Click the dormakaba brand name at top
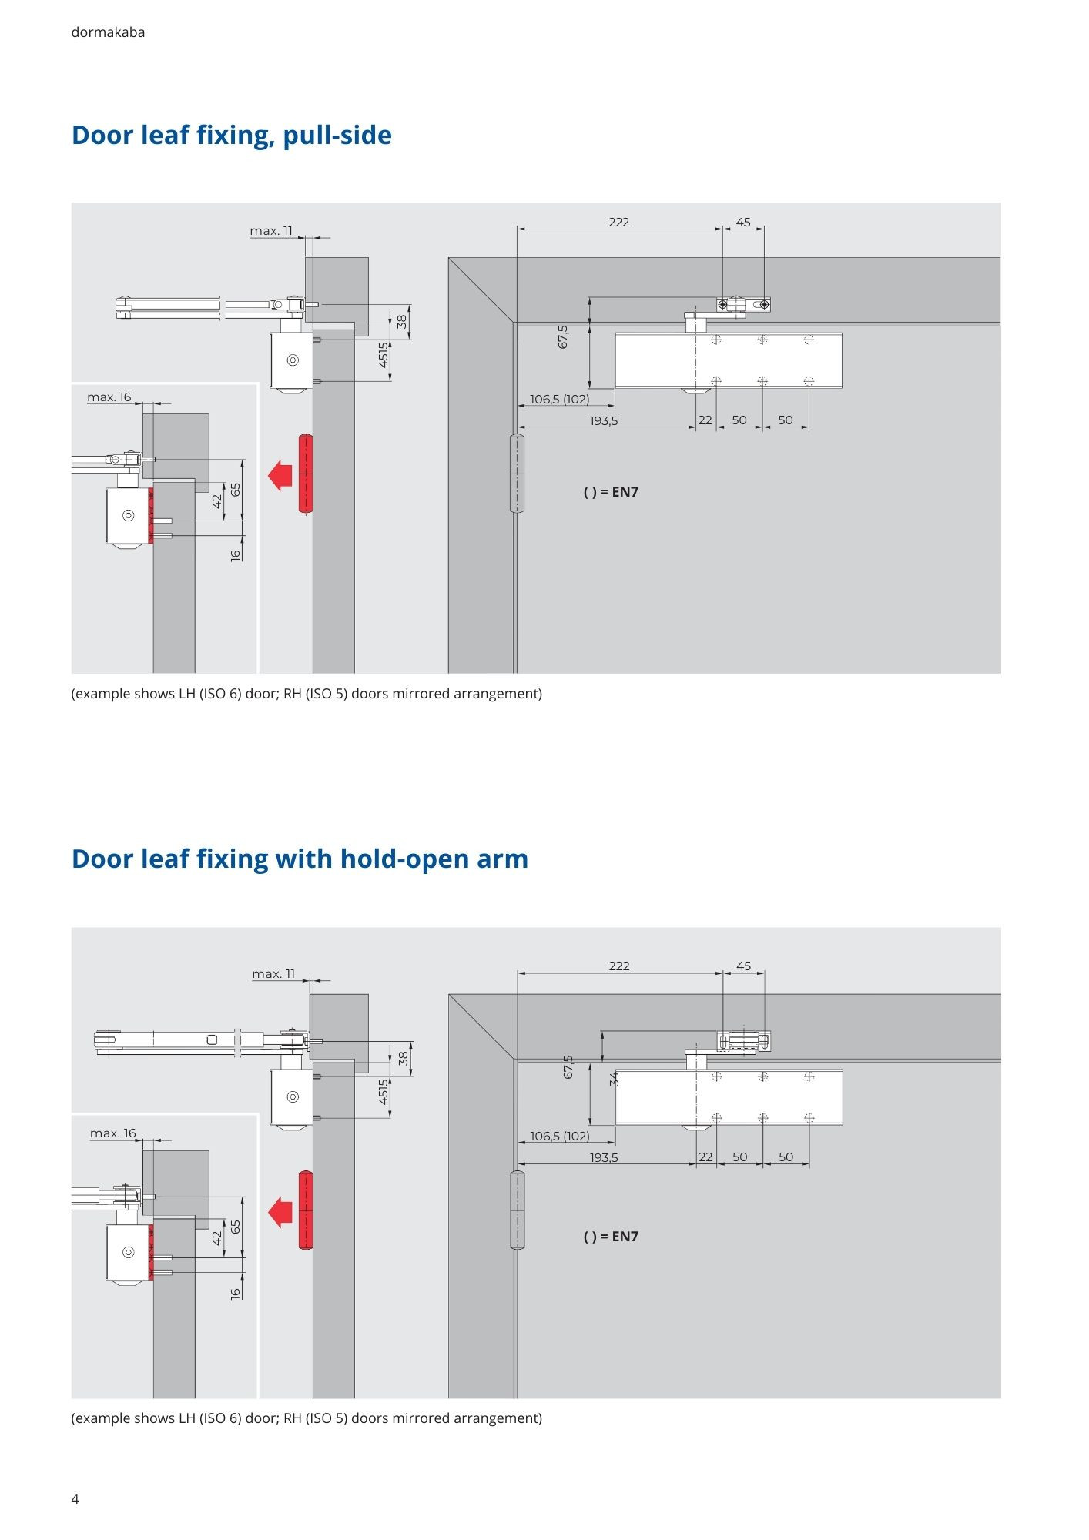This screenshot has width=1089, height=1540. coord(108,32)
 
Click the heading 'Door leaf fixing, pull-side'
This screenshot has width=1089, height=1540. coord(231,135)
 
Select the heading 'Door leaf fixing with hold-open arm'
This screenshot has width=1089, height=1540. coord(300,859)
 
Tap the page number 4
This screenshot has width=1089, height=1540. coord(75,1498)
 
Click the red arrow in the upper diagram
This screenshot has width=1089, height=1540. coord(280,474)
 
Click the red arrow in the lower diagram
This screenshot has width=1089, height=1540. coord(280,1213)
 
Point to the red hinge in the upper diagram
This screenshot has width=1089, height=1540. coord(306,474)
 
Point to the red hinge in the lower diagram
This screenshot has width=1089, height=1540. coord(306,1210)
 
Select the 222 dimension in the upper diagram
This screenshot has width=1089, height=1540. coord(618,222)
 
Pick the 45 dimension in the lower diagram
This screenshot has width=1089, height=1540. coord(743,966)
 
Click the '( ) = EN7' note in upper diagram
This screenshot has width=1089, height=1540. coord(611,492)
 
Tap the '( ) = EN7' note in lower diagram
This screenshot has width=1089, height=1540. coord(611,1237)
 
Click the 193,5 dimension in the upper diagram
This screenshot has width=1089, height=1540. coord(604,420)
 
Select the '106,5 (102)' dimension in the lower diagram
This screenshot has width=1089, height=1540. coord(560,1136)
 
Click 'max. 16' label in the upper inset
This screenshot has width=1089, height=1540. coord(109,397)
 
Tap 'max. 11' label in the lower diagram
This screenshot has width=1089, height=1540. coord(273,974)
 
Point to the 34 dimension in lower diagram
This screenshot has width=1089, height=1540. coord(615,1080)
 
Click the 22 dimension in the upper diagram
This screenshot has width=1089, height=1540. coord(705,420)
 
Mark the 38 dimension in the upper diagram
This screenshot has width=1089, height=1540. coord(402,322)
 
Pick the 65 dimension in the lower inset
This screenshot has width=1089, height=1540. coord(236,1227)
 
